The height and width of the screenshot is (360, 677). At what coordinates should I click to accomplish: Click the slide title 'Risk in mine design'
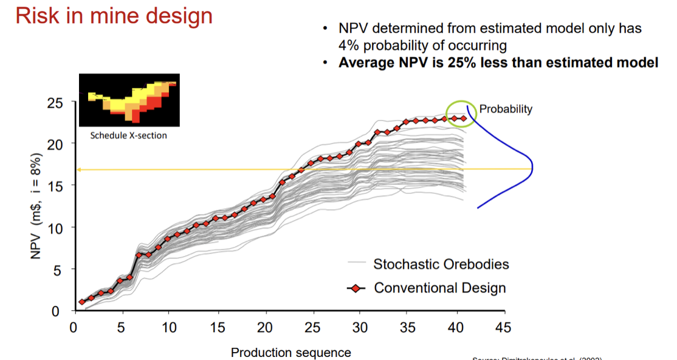[114, 16]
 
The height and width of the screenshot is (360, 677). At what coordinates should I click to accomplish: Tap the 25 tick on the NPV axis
[55, 103]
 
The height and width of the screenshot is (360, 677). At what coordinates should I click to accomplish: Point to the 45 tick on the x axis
[504, 327]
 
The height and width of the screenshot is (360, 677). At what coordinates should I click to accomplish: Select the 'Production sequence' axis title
[290, 352]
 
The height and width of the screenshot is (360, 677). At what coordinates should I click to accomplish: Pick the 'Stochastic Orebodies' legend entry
[441, 264]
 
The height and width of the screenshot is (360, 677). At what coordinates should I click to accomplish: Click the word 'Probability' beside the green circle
[506, 109]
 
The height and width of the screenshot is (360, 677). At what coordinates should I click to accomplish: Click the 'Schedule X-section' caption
[128, 135]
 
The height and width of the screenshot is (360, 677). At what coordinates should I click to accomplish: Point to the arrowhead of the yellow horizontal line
[80, 170]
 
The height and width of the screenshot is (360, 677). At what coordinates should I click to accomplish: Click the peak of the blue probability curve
[532, 167]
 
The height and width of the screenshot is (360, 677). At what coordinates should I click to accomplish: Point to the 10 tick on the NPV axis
[55, 227]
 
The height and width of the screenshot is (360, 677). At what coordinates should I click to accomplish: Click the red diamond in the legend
[356, 288]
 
